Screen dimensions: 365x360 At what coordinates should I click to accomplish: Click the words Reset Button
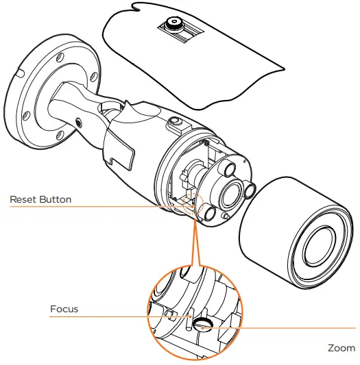point(40,200)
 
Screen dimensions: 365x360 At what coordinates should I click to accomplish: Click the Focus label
point(64,309)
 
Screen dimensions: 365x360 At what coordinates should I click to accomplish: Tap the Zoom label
point(341,348)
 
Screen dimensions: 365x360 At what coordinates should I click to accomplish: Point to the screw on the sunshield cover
point(172,23)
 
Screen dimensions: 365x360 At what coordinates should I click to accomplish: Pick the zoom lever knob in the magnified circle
point(202,324)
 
